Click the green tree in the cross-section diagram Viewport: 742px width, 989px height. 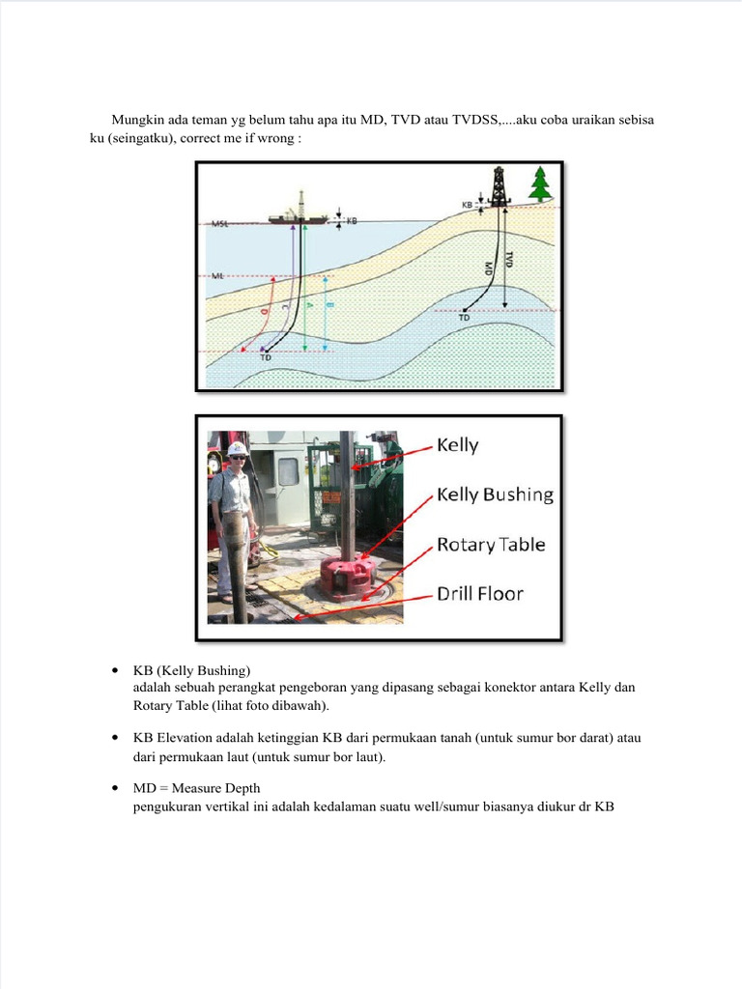540,184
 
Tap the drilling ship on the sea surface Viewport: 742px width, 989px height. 298,214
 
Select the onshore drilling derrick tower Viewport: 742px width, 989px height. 499,185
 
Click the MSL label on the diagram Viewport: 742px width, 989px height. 219,224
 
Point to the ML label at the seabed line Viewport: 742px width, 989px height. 217,276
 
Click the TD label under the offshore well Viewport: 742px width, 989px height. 265,356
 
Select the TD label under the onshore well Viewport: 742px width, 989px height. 464,317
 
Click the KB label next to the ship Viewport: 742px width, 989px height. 352,221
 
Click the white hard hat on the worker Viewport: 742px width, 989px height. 237,449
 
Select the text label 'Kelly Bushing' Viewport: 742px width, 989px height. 495,494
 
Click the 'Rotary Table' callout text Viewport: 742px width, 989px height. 491,545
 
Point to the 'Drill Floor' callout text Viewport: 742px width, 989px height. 480,593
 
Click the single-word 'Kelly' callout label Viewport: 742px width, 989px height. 458,445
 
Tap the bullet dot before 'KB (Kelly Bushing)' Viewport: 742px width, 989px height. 115,670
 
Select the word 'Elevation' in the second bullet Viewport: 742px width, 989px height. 181,738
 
